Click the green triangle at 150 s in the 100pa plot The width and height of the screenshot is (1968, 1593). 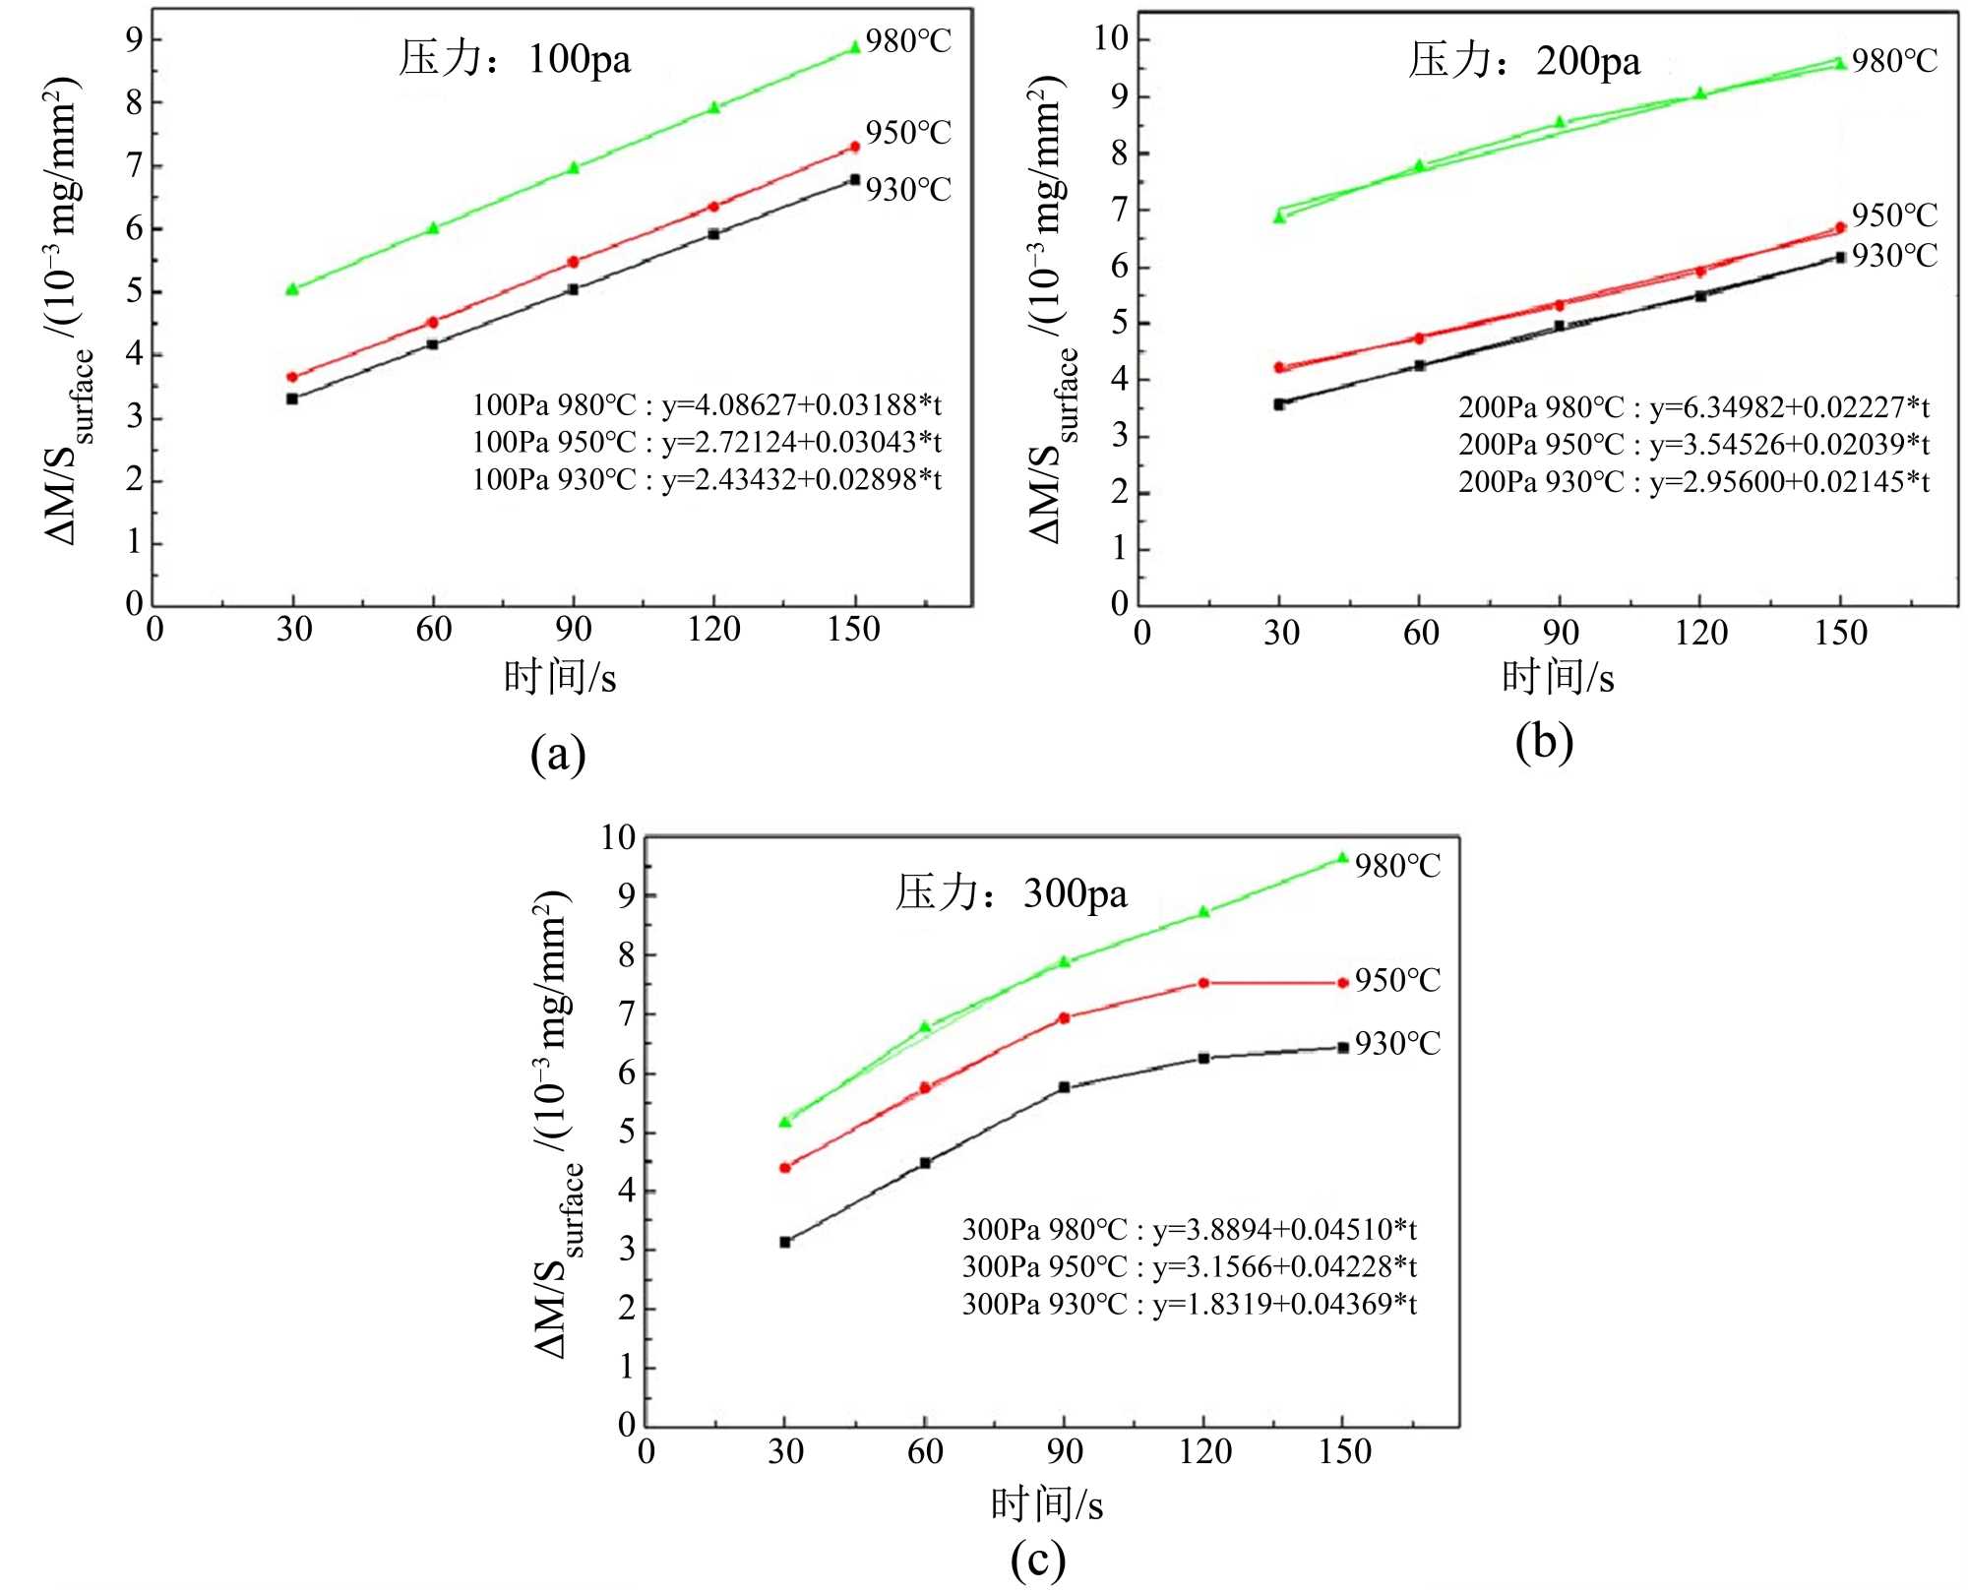(854, 47)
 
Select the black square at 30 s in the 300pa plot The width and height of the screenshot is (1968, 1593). (784, 1242)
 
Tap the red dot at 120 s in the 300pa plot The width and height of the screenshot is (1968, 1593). (1202, 983)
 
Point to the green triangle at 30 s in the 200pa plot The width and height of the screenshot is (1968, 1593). (1279, 216)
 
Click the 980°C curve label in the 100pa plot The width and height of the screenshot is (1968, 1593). (908, 41)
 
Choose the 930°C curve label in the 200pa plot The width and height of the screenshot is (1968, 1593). (1894, 256)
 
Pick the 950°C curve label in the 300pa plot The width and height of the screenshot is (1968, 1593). (1397, 980)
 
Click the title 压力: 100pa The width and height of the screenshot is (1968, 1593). (515, 59)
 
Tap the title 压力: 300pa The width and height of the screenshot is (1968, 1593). (1011, 892)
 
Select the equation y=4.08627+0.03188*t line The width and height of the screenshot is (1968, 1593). (707, 404)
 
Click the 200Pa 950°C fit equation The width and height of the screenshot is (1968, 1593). (1693, 444)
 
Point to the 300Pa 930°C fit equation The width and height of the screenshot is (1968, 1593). (1189, 1304)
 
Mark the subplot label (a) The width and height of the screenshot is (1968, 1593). (558, 755)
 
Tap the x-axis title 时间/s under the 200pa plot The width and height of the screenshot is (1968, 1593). (1558, 678)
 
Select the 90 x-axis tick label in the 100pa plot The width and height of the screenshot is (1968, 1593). (574, 630)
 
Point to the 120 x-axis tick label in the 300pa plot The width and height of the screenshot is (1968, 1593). (1204, 1451)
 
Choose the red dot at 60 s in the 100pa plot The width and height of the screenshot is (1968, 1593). (432, 322)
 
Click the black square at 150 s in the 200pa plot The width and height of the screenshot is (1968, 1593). (1840, 257)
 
